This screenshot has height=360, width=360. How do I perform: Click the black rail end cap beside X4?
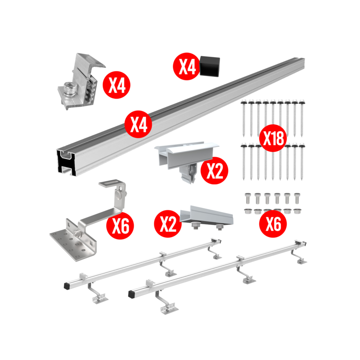210,66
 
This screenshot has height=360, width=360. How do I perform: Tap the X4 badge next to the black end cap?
186,66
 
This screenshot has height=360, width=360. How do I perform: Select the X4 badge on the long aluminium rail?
139,124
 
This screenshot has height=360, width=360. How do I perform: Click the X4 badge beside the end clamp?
117,85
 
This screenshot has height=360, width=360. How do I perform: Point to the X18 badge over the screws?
273,138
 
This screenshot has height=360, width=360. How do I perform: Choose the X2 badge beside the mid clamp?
215,171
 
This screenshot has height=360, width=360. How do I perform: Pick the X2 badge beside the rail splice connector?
168,224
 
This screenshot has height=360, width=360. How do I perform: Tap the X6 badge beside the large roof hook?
120,225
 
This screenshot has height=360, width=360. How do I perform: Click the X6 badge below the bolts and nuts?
273,224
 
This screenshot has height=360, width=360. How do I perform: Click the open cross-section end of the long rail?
66,162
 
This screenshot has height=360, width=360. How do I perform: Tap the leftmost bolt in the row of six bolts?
247,198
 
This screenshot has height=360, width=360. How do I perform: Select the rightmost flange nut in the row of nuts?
297,211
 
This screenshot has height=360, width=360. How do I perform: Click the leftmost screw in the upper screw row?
243,118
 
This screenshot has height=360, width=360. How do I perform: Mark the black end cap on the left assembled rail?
67,286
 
